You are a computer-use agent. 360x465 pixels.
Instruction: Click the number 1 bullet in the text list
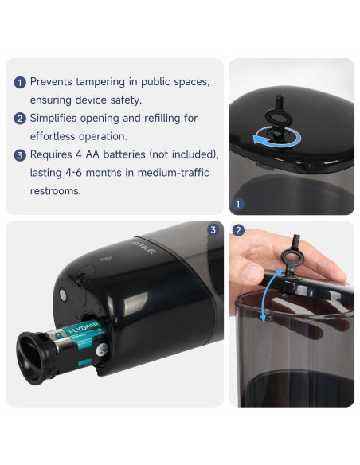tap(20, 82)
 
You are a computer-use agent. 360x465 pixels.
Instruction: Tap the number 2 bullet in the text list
tap(20, 119)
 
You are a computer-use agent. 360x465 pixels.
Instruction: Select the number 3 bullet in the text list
tap(20, 154)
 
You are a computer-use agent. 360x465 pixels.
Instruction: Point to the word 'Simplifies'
tap(56, 119)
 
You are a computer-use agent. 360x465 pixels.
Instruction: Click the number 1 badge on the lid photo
tap(238, 205)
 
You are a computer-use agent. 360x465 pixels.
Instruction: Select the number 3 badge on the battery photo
tap(213, 231)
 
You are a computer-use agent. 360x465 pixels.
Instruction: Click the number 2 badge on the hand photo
tap(238, 231)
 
